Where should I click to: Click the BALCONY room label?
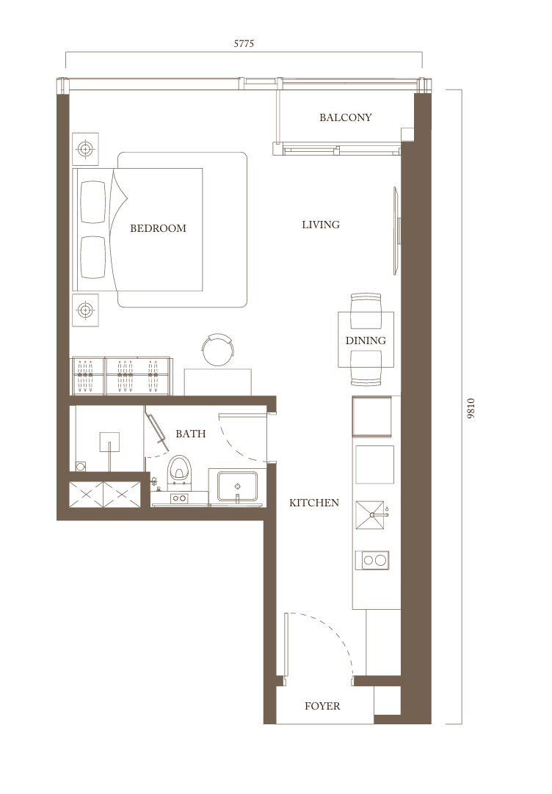pyautogui.click(x=346, y=117)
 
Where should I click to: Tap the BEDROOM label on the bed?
pyautogui.click(x=158, y=228)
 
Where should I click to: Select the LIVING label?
pyautogui.click(x=321, y=225)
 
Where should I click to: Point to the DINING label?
pyautogui.click(x=366, y=340)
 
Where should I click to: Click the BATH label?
pyautogui.click(x=190, y=434)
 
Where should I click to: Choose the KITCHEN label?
pyautogui.click(x=314, y=503)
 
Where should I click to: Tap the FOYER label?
pyautogui.click(x=322, y=706)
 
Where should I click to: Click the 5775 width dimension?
pyautogui.click(x=244, y=43)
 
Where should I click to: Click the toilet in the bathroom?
pyautogui.click(x=179, y=468)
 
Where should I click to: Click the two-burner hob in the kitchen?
pyautogui.click(x=372, y=560)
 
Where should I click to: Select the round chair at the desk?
pyautogui.click(x=218, y=349)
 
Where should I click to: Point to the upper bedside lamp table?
pyautogui.click(x=85, y=149)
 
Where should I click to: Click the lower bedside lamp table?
pyautogui.click(x=85, y=309)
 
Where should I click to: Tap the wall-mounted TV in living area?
pyautogui.click(x=397, y=231)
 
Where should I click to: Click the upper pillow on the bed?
pyautogui.click(x=94, y=202)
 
